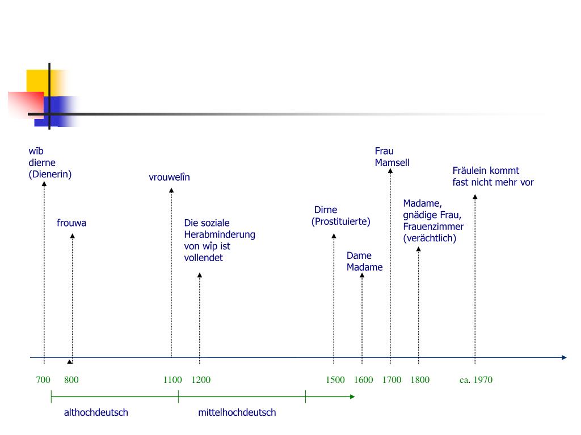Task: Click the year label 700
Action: tap(43, 379)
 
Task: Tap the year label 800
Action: tap(71, 379)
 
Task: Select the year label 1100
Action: tap(172, 379)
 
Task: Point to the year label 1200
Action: tap(201, 379)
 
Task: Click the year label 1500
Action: tap(335, 379)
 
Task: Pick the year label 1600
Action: tap(364, 379)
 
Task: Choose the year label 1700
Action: tap(391, 379)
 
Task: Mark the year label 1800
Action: tap(420, 379)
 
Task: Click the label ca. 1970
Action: tap(476, 379)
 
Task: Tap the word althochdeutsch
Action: tap(96, 412)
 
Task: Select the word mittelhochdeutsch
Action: tap(237, 412)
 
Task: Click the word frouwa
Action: tap(71, 223)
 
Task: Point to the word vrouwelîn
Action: tap(170, 177)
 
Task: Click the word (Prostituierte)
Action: tap(340, 221)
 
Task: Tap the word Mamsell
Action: tap(392, 163)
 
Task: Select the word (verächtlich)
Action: tap(430, 238)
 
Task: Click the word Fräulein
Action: tap(470, 170)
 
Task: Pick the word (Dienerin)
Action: tap(50, 174)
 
